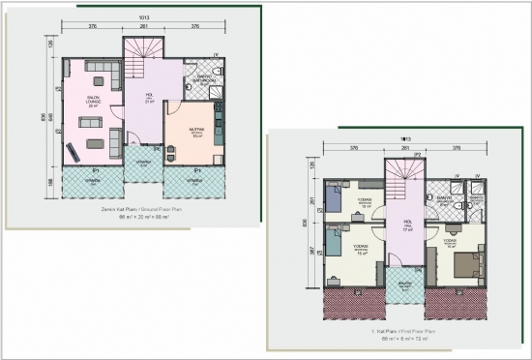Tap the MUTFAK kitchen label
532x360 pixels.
click(194, 129)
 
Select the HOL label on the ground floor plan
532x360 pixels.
click(150, 97)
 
